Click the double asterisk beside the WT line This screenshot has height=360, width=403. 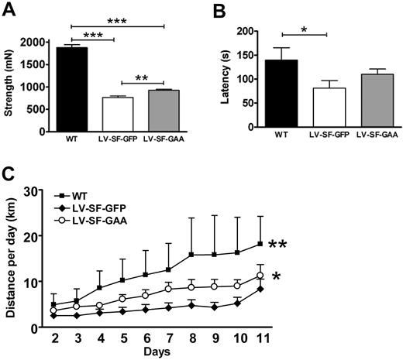tap(280, 247)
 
